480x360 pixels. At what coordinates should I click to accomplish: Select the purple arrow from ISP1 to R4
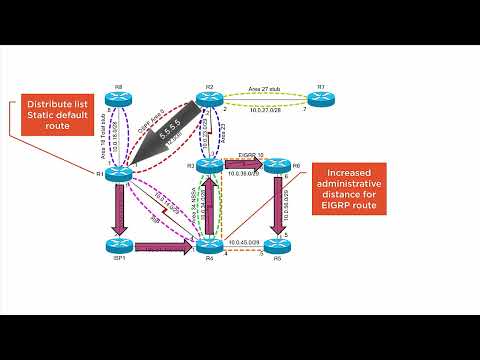click(166, 245)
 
